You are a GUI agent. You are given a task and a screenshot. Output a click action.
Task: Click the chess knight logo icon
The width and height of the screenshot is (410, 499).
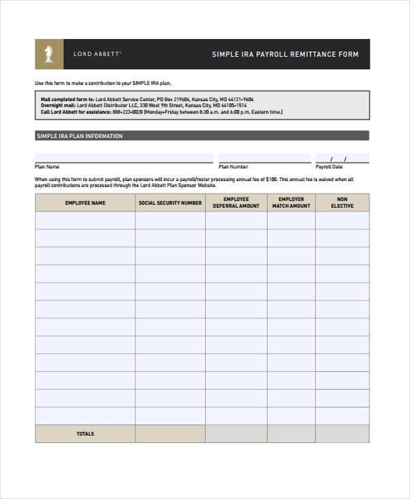tap(49, 54)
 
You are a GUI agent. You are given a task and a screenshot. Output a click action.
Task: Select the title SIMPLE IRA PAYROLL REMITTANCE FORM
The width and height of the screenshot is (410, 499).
tap(285, 55)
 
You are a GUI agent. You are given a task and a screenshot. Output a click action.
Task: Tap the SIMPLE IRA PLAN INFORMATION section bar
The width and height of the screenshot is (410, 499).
tap(202, 136)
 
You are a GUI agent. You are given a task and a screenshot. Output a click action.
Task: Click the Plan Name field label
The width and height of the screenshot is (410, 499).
tap(47, 167)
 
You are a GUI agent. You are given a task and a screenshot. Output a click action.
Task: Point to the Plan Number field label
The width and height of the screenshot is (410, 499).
tap(233, 167)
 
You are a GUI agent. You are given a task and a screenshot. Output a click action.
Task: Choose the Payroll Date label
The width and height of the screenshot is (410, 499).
tap(329, 167)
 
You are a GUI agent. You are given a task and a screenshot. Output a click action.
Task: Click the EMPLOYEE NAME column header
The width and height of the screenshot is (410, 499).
tap(85, 203)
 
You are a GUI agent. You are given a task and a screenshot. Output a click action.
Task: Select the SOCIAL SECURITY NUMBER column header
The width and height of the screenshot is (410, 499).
tap(170, 203)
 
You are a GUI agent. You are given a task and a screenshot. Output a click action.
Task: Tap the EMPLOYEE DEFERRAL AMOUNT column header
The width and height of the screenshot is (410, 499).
tap(236, 203)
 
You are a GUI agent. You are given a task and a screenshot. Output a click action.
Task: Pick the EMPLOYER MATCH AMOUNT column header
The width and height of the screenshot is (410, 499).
tap(291, 203)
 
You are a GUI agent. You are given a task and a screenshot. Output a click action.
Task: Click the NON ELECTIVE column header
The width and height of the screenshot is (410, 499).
tap(342, 203)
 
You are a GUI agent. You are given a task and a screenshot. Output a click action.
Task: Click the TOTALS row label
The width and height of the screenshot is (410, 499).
tap(85, 434)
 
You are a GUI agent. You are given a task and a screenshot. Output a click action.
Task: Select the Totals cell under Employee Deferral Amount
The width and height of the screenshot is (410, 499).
tap(236, 434)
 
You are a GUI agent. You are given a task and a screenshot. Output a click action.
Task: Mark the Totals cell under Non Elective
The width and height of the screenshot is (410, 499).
tap(342, 434)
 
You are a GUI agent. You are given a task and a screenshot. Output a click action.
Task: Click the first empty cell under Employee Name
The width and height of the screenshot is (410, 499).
tap(85, 221)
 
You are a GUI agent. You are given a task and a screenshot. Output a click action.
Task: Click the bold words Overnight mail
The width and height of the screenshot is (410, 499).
tap(57, 106)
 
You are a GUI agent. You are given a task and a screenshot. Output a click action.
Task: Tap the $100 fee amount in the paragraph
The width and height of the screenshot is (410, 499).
tap(271, 179)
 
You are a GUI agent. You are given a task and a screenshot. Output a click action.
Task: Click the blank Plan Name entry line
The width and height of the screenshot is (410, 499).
tap(123, 159)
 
